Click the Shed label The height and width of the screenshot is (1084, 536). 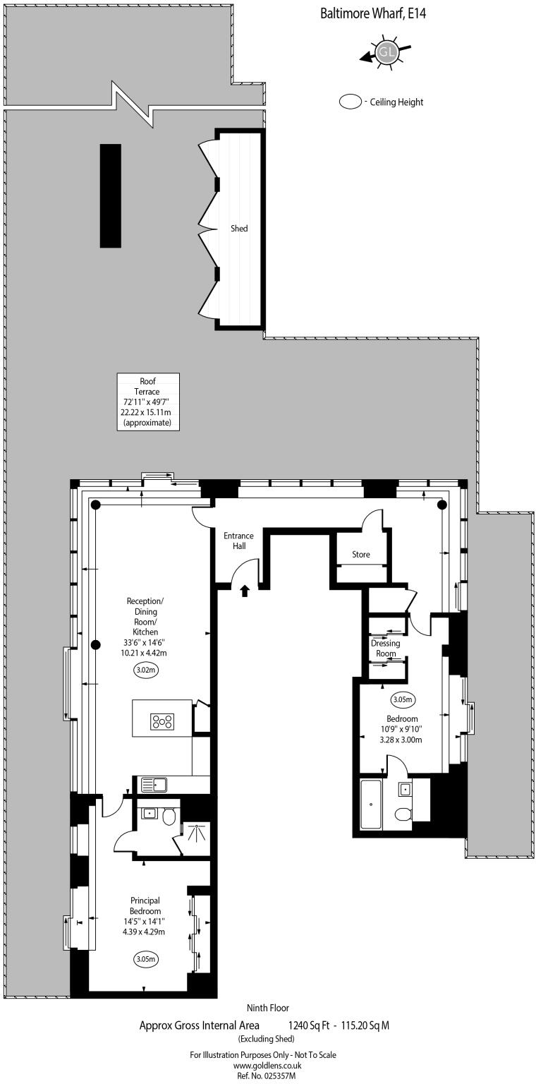coord(239,229)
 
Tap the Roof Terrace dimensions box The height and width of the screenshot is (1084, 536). coord(148,402)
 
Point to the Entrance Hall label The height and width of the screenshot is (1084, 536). coord(238,541)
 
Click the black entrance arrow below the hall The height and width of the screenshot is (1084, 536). coord(245,590)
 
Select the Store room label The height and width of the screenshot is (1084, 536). coord(361,555)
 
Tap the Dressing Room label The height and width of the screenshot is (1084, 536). coord(386,648)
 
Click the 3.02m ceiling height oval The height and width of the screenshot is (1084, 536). coord(146,671)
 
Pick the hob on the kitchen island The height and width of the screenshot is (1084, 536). coord(162,721)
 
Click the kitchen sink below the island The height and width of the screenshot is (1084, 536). coord(153,784)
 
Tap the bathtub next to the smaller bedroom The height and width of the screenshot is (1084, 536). coord(372,805)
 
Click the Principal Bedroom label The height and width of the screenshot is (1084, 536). coord(145,905)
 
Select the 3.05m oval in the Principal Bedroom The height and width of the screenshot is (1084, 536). coord(145,959)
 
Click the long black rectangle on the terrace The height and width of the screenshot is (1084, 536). coord(110,195)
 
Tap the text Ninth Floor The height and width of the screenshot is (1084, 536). coord(267,1008)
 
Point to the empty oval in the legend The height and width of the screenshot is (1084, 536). coord(350,102)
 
